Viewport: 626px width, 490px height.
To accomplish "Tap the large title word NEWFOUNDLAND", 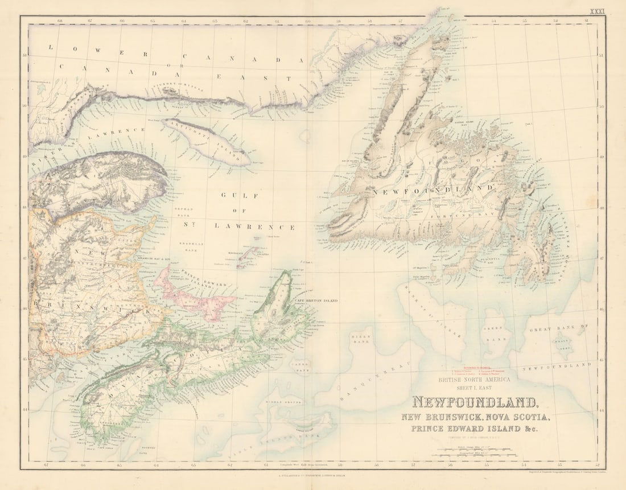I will (x=476, y=403).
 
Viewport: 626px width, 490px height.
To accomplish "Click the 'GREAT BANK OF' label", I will (x=558, y=328).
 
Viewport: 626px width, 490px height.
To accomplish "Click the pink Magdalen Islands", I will (x=249, y=257).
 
